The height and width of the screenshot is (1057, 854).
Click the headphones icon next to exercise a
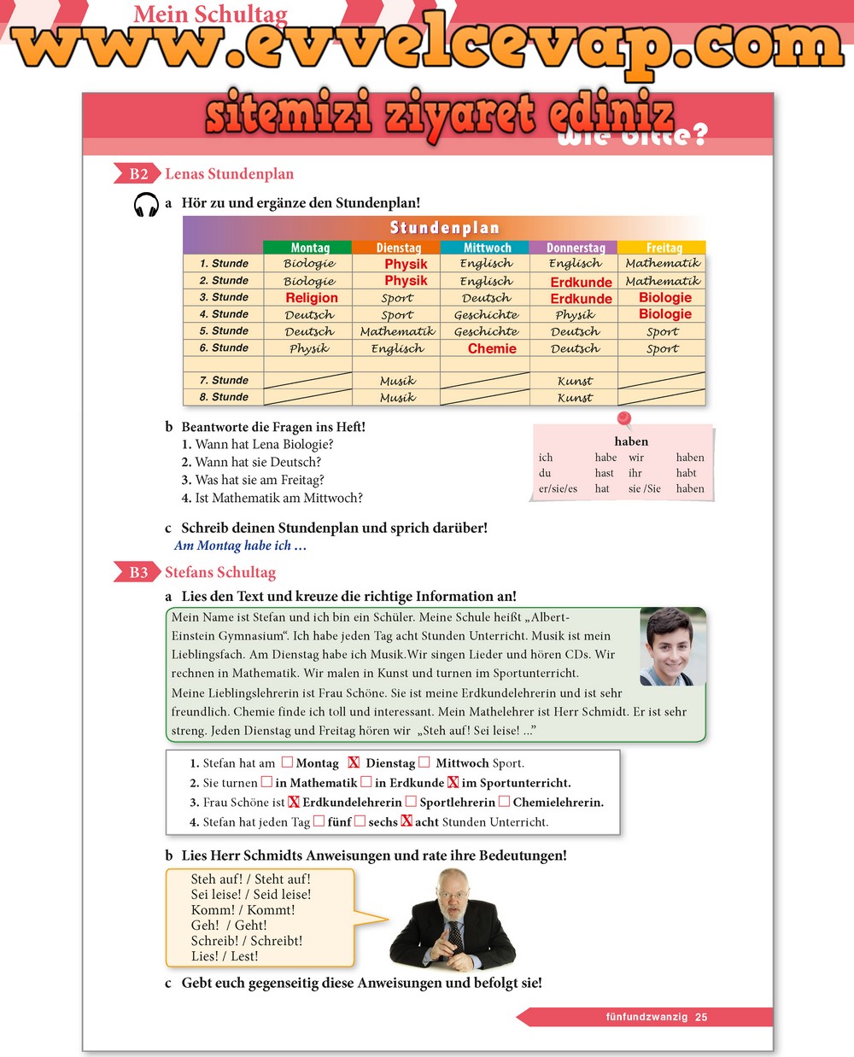coord(147,205)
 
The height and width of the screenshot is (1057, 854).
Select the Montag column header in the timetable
coord(309,248)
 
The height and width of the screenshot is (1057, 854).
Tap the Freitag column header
coord(664,248)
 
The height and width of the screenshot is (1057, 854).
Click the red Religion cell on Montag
coord(311,298)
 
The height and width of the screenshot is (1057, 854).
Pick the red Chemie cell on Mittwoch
coord(492,348)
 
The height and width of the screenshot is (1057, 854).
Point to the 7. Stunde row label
coord(224,380)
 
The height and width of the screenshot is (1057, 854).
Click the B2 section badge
coord(137,174)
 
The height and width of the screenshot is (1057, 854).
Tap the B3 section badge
coord(137,573)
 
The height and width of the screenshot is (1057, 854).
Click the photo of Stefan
coord(672,646)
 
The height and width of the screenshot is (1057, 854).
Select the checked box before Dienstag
coord(354,762)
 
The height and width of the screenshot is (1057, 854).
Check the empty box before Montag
coord(287,762)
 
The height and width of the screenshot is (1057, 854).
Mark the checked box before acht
coord(407,821)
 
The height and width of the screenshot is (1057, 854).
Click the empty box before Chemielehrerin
coord(504,802)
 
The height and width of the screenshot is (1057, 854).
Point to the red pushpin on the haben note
coord(623,418)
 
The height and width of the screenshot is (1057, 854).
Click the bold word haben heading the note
coord(631,441)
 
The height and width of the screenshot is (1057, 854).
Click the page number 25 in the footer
coord(701,1017)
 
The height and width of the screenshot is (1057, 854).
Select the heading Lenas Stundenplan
coord(229,174)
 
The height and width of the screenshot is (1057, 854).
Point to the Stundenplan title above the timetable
coord(444,228)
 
